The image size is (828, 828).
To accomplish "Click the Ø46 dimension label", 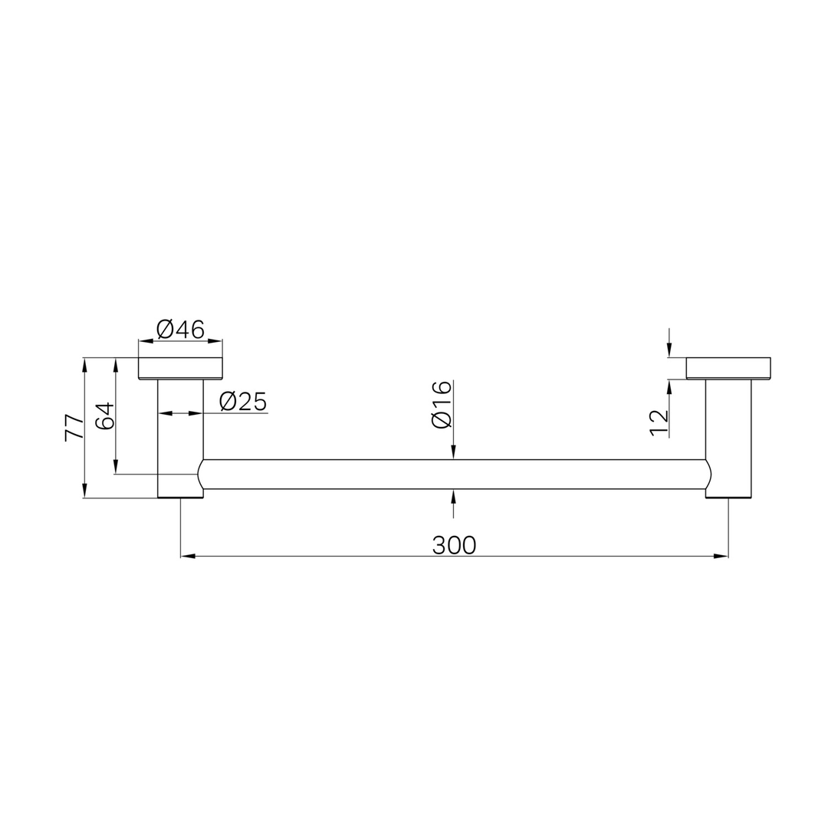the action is coord(181,330).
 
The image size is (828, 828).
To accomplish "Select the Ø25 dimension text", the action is coord(243,402).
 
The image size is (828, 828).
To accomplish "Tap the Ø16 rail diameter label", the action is coord(442,405).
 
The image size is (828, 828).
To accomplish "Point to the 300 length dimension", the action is coord(454,545).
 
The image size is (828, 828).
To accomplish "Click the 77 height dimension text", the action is coord(74,428).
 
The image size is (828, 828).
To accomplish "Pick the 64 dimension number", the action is coord(104,416).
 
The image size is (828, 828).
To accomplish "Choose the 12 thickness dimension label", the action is coord(659,423).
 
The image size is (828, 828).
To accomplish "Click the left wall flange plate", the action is coord(181,369).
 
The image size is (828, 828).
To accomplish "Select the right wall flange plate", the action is coord(728,368).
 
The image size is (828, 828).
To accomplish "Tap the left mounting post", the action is coord(181,439).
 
